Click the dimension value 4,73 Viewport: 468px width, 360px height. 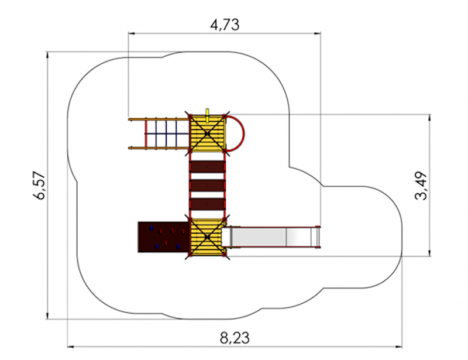point(225,25)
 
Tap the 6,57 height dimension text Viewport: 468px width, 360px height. point(39,185)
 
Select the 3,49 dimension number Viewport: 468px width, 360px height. point(421,186)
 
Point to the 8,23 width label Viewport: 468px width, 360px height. point(235,338)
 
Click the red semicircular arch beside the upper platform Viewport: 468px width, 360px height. point(243,133)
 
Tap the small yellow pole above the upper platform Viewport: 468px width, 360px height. point(207,115)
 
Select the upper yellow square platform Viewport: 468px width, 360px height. point(208,133)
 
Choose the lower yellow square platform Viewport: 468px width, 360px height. point(207,238)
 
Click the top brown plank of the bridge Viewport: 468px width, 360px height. point(207,167)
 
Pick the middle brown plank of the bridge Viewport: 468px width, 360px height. point(207,186)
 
